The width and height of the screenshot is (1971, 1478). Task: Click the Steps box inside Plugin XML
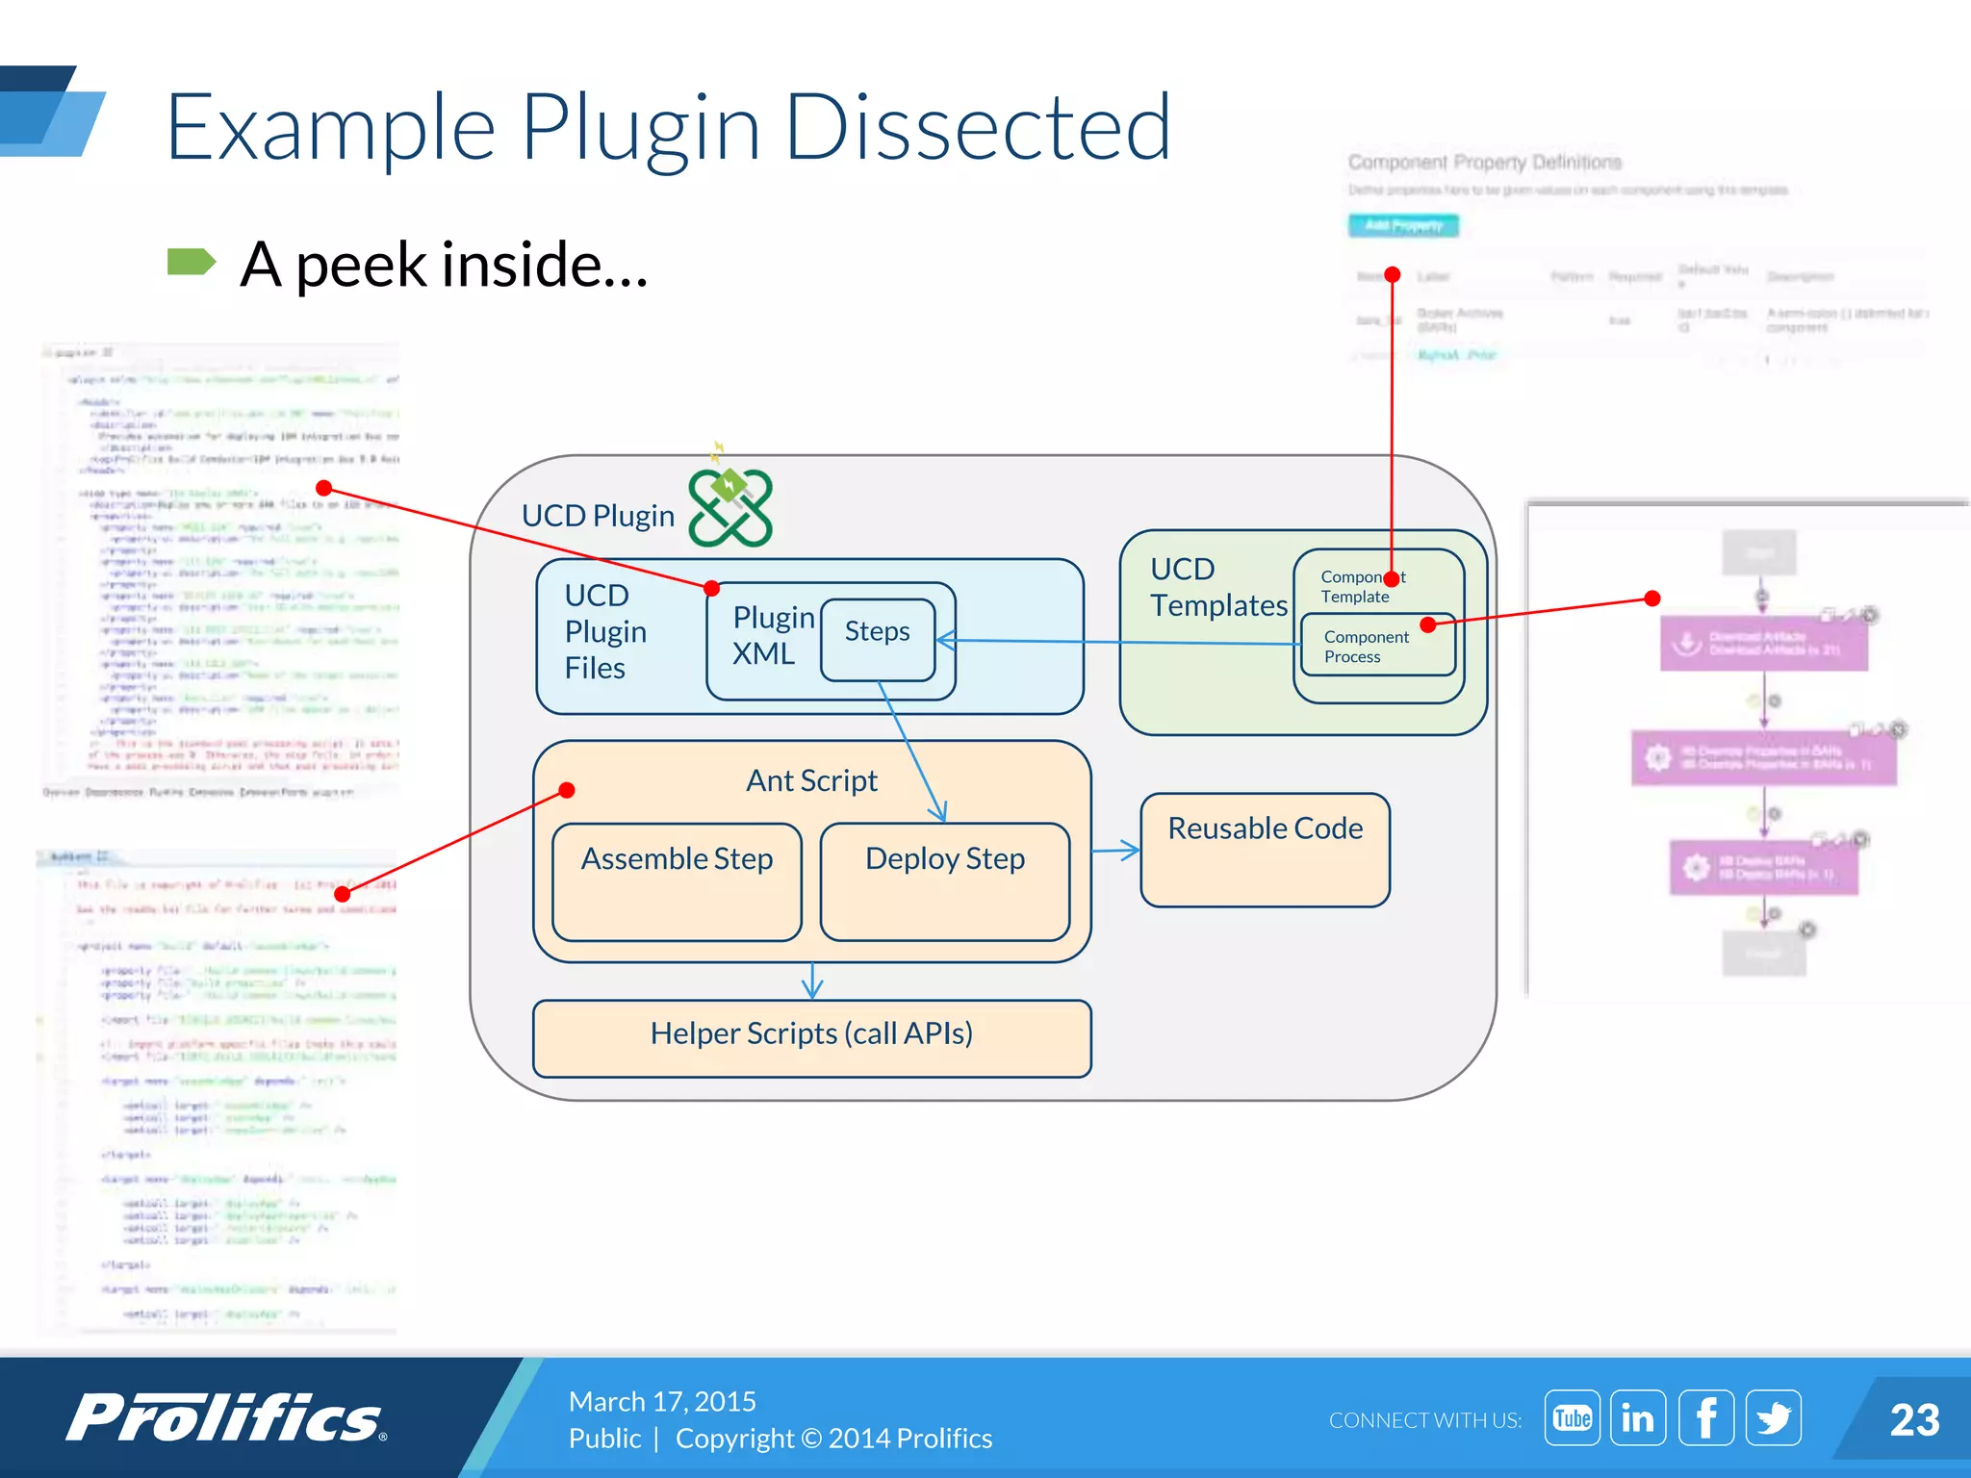[877, 639]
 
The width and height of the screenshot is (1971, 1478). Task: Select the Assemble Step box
[677, 881]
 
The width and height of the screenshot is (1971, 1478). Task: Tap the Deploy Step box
[944, 881]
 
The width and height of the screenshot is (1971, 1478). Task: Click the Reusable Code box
[1265, 850]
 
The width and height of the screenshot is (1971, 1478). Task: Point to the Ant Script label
[811, 780]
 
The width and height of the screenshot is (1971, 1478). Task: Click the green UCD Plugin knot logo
[730, 508]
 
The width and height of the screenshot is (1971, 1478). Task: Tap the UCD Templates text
[1217, 587]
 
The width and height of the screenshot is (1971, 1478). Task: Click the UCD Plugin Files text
[604, 632]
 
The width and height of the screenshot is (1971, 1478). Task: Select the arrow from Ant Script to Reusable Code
[1116, 850]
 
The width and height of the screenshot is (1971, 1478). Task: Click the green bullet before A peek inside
[191, 262]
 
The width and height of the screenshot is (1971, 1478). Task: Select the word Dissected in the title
[978, 128]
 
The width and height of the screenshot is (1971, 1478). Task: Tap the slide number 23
[1913, 1420]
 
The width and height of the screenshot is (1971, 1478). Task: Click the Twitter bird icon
[1773, 1418]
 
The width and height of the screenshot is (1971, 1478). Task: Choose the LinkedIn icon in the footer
[1638, 1418]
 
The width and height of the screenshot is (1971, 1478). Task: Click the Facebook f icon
[1705, 1418]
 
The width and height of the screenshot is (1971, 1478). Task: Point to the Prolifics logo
[226, 1418]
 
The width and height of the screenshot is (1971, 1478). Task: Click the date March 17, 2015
[662, 1401]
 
